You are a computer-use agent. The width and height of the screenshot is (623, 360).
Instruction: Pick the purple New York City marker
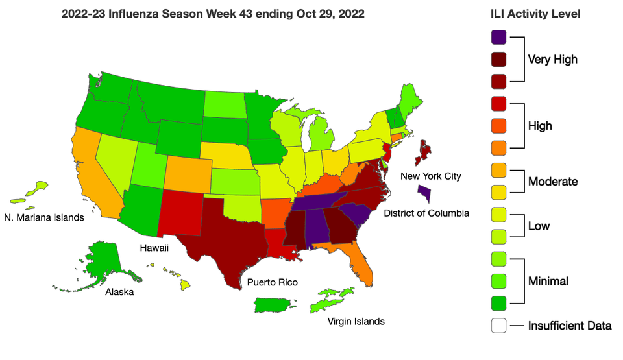click(x=424, y=193)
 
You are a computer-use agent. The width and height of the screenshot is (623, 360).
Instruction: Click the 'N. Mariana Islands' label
click(x=44, y=218)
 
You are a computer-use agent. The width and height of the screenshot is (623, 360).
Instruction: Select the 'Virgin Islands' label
click(x=356, y=321)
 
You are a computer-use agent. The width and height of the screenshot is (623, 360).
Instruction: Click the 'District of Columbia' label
click(x=426, y=213)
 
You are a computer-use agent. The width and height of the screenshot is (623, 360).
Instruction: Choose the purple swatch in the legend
click(x=498, y=38)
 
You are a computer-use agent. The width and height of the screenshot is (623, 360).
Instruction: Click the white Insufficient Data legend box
click(x=498, y=326)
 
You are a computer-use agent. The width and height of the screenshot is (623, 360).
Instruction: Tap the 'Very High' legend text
click(x=552, y=60)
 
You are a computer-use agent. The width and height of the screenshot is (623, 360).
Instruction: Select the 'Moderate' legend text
click(x=552, y=182)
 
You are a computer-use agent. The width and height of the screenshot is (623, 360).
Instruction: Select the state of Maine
click(x=410, y=101)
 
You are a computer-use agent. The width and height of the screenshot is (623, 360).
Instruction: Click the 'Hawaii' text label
click(x=154, y=248)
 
